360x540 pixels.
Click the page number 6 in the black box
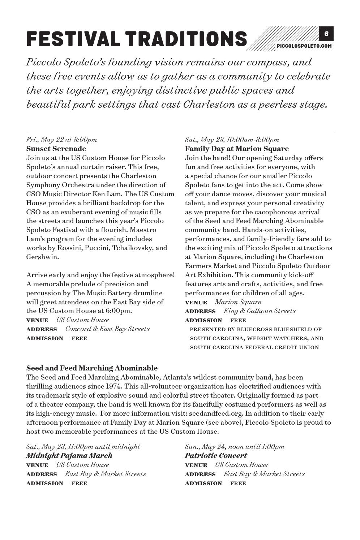click(x=326, y=34)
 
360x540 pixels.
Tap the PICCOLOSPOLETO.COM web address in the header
click(x=304, y=46)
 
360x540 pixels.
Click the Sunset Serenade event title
click(x=56, y=149)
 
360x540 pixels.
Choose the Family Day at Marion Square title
click(x=237, y=149)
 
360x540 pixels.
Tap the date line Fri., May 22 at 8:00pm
click(x=61, y=140)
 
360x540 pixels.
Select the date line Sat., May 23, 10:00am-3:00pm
click(x=232, y=140)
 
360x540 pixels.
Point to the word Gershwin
click(x=42, y=257)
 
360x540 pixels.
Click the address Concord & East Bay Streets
click(x=107, y=329)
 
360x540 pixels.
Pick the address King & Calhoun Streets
click(x=259, y=311)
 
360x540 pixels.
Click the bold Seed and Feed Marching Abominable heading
click(x=92, y=368)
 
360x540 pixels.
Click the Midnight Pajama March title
click(x=69, y=455)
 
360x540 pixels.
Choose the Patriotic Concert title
click(x=216, y=455)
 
